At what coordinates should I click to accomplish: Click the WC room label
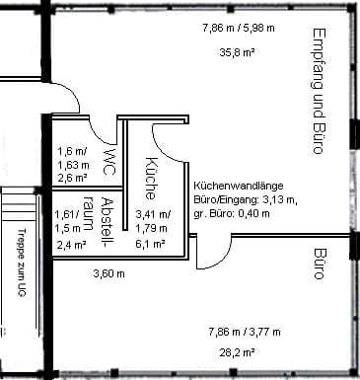[x=109, y=161]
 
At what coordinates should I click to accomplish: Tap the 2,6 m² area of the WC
[x=70, y=179]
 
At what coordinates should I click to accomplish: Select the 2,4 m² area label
[x=70, y=244]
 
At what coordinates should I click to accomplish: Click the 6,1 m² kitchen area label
[x=150, y=243]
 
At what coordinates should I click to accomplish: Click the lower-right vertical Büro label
[x=319, y=265]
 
